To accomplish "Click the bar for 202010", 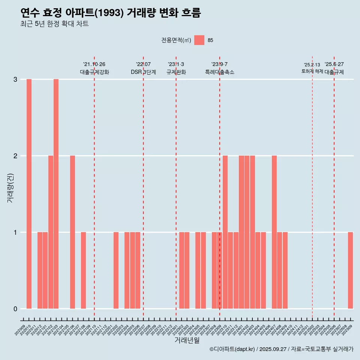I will [29, 194].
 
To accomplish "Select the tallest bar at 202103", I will [56, 194].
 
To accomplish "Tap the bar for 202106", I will [72, 232].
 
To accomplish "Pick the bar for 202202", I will [116, 270].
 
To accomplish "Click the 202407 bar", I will [274, 232].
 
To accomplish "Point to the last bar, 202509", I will [350, 270].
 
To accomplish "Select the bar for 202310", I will [225, 232].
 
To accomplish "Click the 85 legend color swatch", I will [199, 40].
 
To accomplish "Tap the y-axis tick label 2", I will [15, 156].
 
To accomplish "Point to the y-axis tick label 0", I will [15, 309].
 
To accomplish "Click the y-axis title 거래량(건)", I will [10, 187].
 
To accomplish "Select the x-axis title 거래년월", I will [187, 340].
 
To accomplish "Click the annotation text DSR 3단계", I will [143, 72].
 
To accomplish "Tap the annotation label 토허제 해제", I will [312, 71].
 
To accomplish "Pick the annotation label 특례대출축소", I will [219, 72].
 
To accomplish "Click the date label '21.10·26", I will [94, 64].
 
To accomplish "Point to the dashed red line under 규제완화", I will [176, 187].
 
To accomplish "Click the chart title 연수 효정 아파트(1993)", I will [111, 13].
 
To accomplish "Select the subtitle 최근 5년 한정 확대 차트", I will [55, 24].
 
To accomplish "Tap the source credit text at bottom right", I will [281, 349].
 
